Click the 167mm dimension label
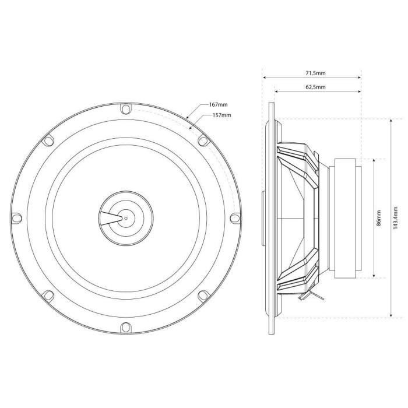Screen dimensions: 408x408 (217, 105)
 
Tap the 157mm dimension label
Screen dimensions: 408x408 (221, 115)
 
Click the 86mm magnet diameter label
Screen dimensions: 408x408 (379, 219)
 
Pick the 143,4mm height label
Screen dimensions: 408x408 (396, 219)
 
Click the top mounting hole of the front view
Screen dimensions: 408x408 (125, 108)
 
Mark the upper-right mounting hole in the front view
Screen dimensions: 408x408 (202, 140)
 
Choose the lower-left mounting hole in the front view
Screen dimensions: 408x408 (48, 295)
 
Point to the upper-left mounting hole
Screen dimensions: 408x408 (48, 140)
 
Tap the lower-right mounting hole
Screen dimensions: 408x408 (202, 295)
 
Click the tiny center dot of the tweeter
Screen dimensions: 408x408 (125, 217)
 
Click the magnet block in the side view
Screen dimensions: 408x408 (345, 219)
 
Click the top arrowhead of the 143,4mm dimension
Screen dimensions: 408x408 (389, 119)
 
